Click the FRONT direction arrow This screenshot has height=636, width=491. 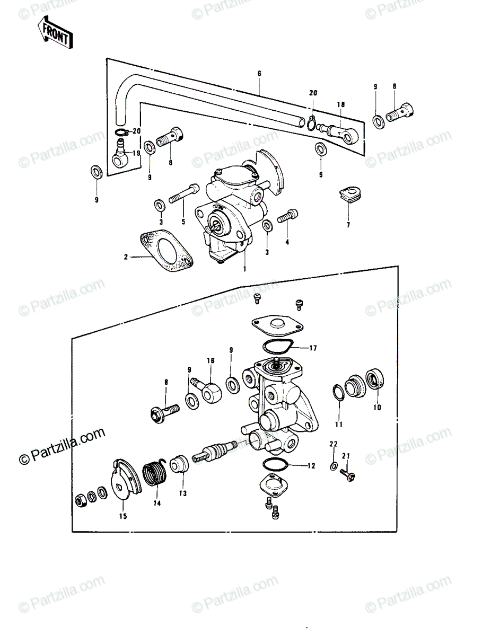click(x=55, y=36)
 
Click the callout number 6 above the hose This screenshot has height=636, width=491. click(x=259, y=74)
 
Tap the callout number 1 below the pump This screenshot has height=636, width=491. click(x=245, y=268)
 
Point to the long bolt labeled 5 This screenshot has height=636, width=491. click(x=184, y=193)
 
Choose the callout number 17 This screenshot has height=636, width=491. click(x=313, y=348)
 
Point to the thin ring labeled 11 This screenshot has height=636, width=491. click(x=338, y=392)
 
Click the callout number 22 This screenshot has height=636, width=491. click(x=334, y=444)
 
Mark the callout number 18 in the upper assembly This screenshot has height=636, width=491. click(x=341, y=104)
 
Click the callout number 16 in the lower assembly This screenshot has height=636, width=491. click(x=211, y=360)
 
